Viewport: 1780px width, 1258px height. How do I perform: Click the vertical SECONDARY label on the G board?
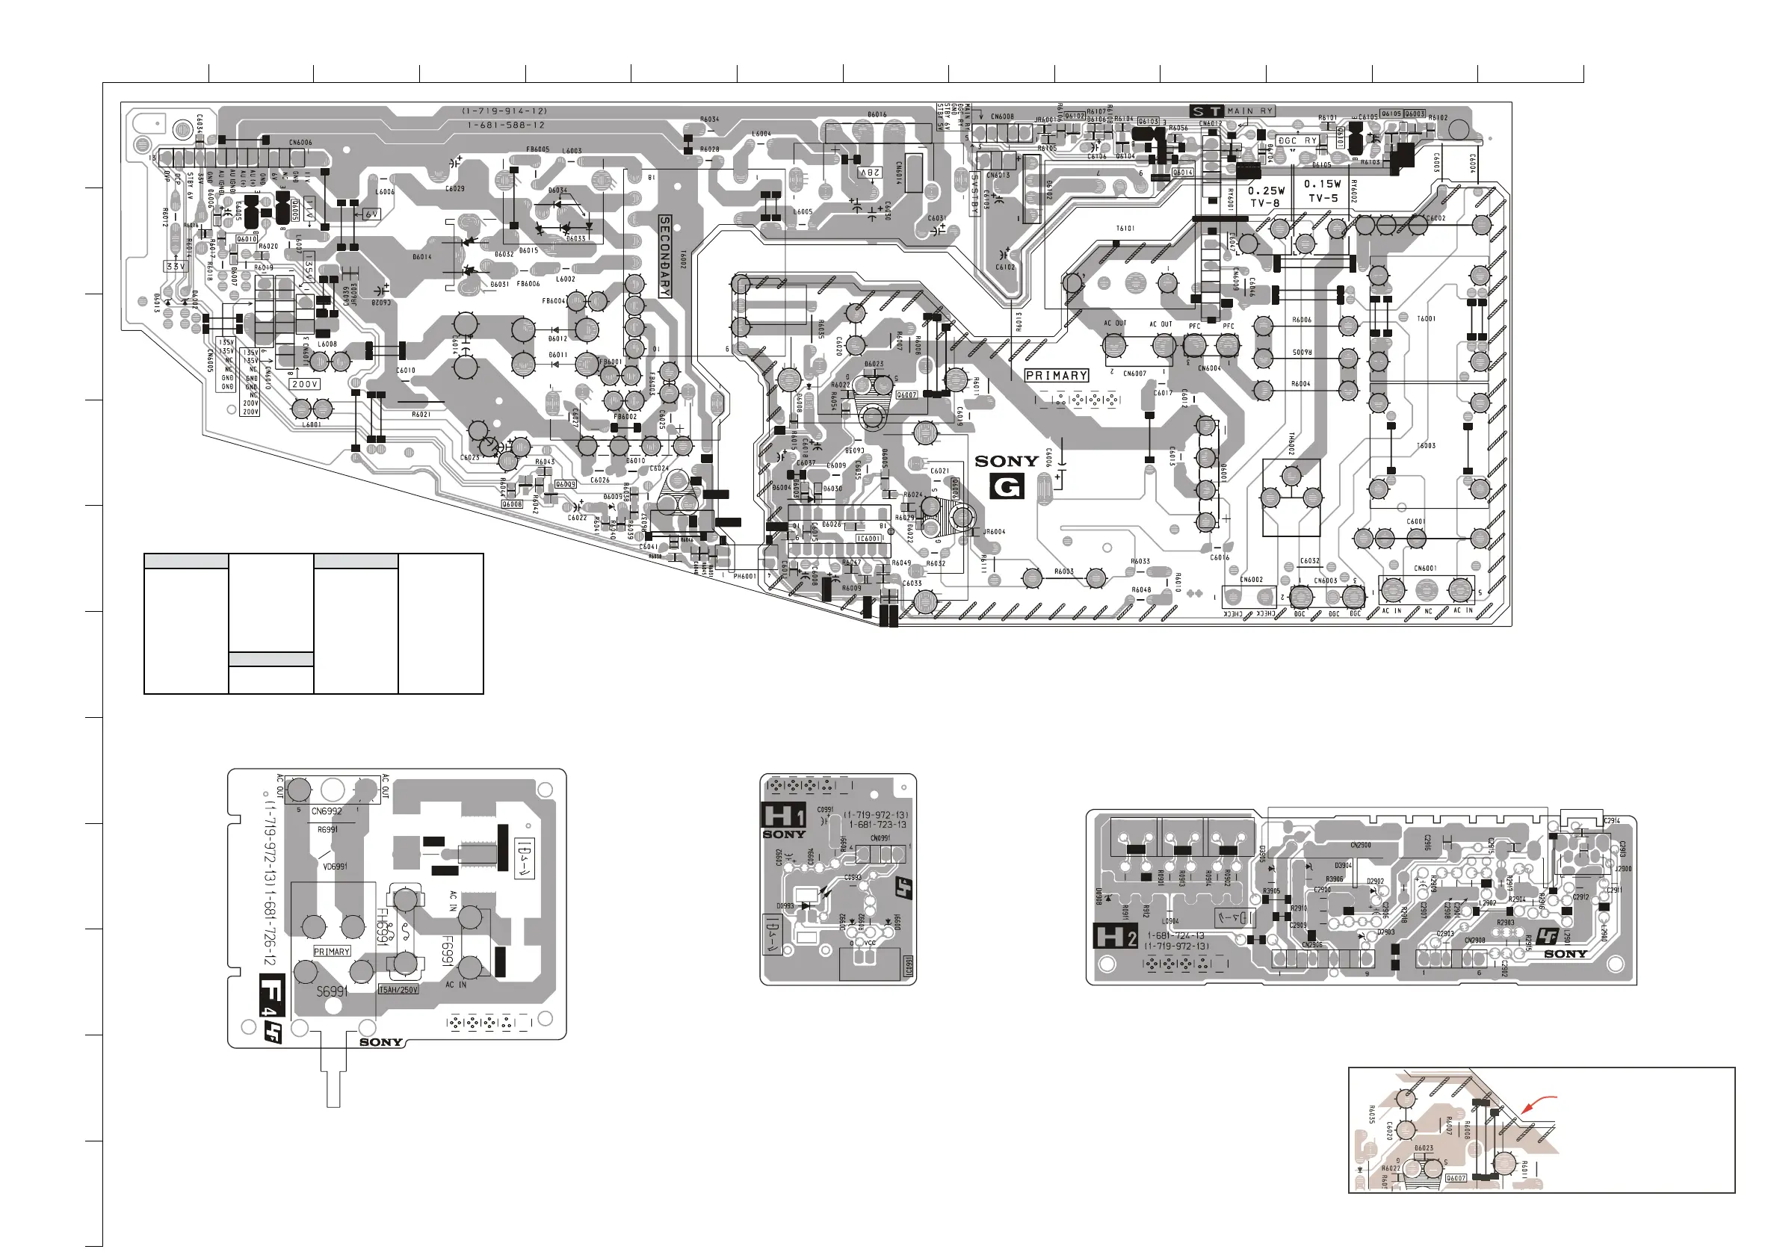point(665,256)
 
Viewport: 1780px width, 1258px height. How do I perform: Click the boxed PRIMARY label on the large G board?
point(1056,375)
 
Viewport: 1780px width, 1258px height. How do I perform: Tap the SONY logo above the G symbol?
point(1007,461)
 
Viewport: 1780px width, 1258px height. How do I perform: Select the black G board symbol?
point(1007,487)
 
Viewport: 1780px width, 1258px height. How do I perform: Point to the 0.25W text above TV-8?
point(1266,190)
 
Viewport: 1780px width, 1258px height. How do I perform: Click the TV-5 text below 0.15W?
point(1323,199)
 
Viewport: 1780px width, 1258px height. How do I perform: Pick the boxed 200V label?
point(305,384)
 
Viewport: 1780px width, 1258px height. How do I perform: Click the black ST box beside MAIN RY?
point(1205,111)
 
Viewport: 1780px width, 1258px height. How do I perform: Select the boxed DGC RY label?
point(1298,141)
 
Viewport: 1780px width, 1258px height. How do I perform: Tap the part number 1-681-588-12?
point(505,125)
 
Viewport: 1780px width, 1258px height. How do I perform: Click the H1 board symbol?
point(784,816)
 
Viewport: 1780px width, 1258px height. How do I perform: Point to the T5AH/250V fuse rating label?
point(398,990)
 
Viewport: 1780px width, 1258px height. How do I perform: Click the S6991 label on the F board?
point(332,991)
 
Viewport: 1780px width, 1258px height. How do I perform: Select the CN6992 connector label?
point(327,811)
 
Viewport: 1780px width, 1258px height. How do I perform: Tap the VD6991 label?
point(335,867)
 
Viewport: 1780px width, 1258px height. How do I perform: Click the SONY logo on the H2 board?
point(1566,954)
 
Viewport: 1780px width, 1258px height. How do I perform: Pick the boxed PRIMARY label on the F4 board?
point(332,951)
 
